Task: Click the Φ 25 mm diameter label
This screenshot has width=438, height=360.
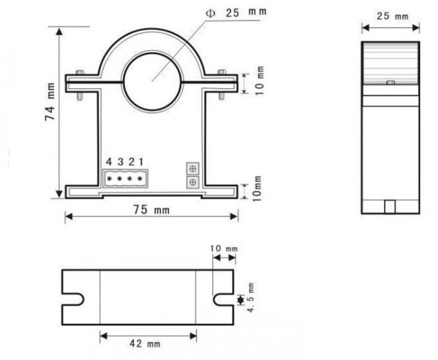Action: point(236,13)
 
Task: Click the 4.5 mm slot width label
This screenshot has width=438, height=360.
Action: point(252,299)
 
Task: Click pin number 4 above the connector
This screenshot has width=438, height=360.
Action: point(109,161)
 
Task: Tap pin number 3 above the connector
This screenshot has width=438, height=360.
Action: point(120,161)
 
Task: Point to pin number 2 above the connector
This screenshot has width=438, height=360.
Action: point(130,161)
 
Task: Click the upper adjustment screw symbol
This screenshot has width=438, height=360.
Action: point(191,168)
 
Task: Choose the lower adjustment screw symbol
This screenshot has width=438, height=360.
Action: point(191,183)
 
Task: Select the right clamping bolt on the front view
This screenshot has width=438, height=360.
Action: point(222,83)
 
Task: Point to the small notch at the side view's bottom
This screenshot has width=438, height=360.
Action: point(390,206)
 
